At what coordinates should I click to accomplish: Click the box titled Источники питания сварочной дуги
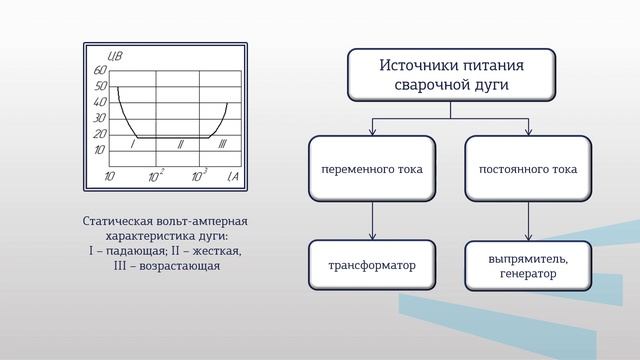451,75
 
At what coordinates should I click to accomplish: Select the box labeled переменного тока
372,169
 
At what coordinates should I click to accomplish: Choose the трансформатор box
372,265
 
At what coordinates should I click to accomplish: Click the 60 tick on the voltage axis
99,71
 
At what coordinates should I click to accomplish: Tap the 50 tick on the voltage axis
99,87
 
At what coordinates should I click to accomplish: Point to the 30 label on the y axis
99,118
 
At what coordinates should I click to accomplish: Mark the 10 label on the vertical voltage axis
99,150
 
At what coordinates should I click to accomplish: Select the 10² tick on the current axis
156,176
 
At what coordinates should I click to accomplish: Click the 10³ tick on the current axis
199,176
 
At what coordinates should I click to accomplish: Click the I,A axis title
232,177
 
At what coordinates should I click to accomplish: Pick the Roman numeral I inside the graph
133,145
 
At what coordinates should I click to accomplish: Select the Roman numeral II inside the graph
180,145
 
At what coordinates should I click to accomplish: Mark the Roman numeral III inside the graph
222,145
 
